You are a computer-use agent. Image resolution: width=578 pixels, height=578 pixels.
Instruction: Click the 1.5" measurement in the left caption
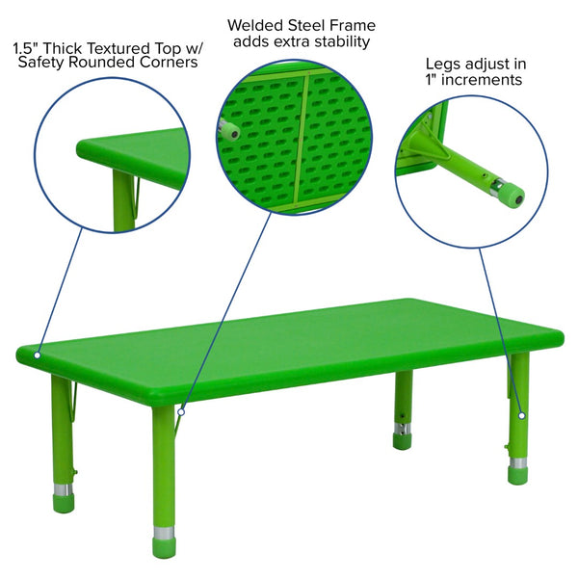tap(28, 45)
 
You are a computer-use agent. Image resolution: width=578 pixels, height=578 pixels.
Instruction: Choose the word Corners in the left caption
tap(170, 63)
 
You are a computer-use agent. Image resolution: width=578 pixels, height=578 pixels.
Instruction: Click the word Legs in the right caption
tap(442, 64)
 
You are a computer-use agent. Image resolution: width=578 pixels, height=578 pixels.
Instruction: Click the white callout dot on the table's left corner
tap(38, 355)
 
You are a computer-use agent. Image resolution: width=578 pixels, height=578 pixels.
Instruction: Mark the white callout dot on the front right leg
tap(521, 415)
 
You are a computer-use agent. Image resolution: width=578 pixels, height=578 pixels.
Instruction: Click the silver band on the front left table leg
tap(166, 532)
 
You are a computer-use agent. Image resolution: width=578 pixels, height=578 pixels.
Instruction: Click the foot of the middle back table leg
tap(402, 441)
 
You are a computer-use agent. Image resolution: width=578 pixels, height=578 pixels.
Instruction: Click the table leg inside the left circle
tap(122, 204)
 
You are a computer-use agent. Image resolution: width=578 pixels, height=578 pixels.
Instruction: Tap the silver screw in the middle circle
tap(232, 133)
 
